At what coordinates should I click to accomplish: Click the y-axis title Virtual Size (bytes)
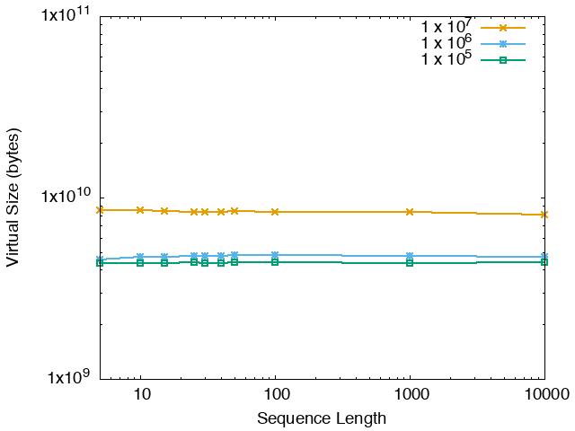point(13,198)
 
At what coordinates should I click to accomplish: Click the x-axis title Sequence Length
point(322,418)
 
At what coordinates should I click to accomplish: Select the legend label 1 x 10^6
point(447,44)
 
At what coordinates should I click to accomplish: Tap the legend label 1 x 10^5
point(447,60)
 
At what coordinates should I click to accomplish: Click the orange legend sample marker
point(503,28)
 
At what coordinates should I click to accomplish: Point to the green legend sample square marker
point(503,60)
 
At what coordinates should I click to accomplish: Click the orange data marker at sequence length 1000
point(410,212)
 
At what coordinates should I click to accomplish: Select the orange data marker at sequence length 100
point(275,212)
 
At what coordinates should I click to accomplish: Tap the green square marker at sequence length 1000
point(410,262)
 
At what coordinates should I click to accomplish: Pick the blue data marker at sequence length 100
point(275,255)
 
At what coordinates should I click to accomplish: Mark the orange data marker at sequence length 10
point(140,210)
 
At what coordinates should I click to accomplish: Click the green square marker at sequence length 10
point(140,262)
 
